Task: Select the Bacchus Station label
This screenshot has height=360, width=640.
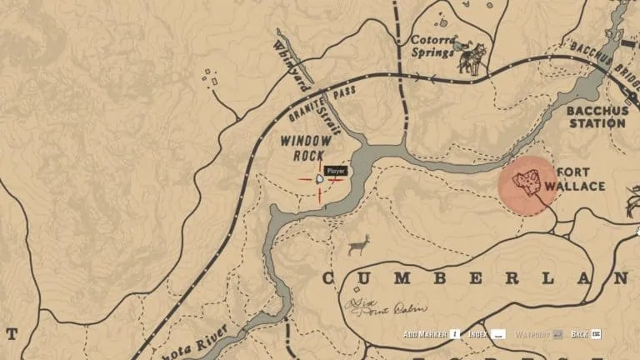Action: pos(595,117)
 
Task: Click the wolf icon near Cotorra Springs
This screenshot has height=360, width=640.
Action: pos(471,58)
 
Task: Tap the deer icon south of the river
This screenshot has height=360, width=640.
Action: pos(358,245)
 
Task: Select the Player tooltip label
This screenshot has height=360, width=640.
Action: pos(335,171)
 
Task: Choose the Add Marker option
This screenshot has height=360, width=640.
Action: pos(426,334)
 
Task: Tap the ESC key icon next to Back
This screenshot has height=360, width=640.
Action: pos(596,334)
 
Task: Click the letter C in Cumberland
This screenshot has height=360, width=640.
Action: pos(327,277)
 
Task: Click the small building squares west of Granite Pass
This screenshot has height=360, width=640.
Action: pos(210,77)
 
